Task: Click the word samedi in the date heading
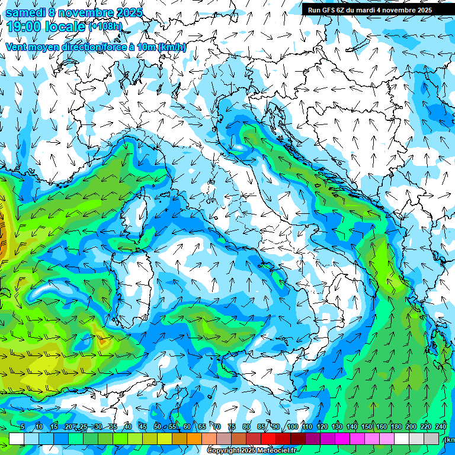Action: click(x=25, y=12)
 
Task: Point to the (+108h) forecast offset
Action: click(x=105, y=27)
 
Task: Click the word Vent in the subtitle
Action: click(x=17, y=47)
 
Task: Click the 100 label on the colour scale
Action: click(x=292, y=427)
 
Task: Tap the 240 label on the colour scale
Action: click(x=441, y=427)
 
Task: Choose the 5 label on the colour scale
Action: click(x=23, y=427)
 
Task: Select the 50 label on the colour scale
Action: click(x=158, y=427)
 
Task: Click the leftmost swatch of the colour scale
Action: click(x=17, y=438)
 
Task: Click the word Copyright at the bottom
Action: click(x=223, y=451)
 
